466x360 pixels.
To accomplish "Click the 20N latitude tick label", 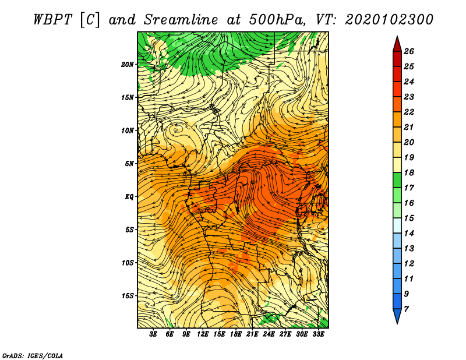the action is click(127, 65).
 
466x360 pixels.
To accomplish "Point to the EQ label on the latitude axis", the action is click(129, 197).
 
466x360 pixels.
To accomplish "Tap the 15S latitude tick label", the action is click(128, 296).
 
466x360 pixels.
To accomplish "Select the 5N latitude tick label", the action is click(129, 164).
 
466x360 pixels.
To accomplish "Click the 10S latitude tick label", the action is click(128, 263).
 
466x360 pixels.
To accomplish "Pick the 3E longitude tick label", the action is click(153, 334).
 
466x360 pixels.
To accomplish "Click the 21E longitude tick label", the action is click(252, 334).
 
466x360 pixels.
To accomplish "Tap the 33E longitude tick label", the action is click(318, 334).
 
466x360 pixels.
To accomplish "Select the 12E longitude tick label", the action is click(202, 334).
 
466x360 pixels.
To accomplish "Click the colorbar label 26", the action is click(409, 51).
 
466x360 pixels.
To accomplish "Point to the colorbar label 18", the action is click(409, 172).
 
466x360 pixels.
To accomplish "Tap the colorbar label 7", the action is click(406, 309).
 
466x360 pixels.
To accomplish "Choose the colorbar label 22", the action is click(409, 112).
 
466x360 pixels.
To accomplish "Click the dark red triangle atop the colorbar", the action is click(397, 45).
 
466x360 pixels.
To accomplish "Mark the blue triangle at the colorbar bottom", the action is click(397, 316).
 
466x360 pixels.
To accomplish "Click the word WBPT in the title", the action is click(53, 20).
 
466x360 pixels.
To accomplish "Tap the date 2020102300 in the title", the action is click(389, 20).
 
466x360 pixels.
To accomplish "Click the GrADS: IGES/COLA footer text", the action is click(33, 355).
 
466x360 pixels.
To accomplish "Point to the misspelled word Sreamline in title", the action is click(181, 20).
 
